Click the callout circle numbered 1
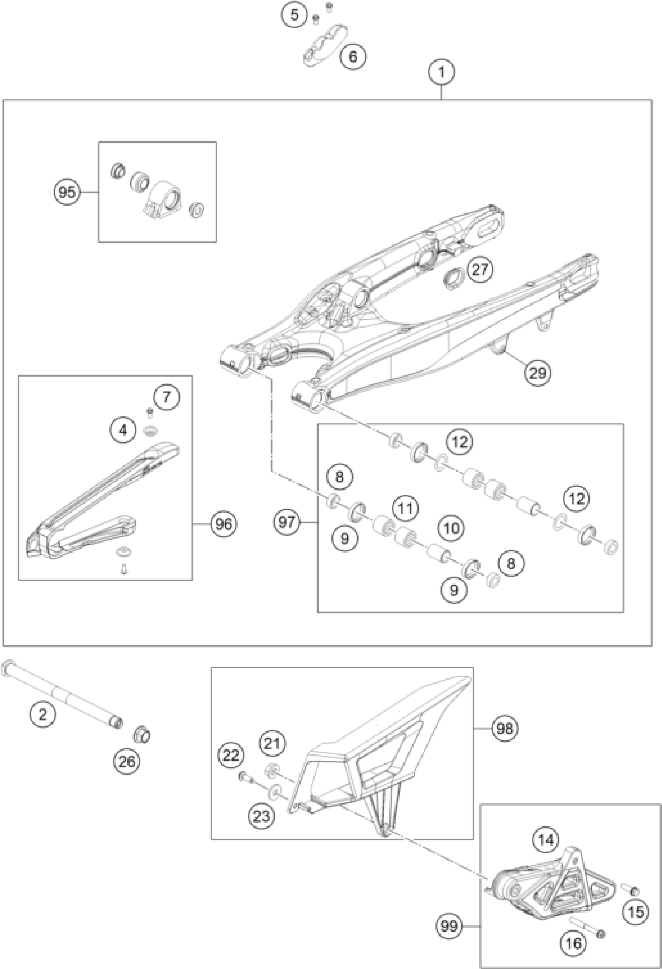(441, 72)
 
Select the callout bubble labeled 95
(67, 192)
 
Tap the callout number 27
(480, 270)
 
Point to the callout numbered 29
(537, 372)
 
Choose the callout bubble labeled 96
(224, 524)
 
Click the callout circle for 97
(287, 521)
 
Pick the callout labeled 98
(504, 728)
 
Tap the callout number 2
(42, 715)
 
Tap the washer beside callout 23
(275, 791)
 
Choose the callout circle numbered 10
(451, 529)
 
